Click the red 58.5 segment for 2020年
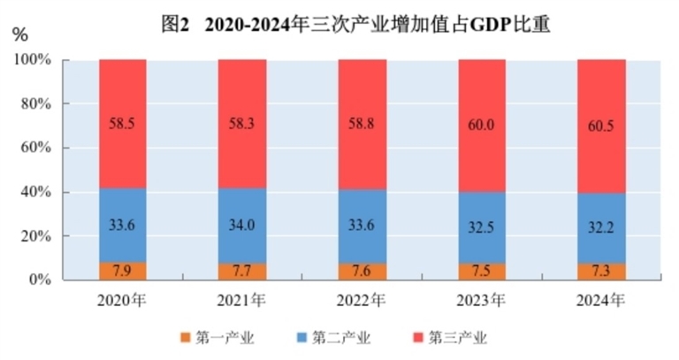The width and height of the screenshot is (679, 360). click(122, 124)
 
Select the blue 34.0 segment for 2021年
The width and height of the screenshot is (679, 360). click(242, 225)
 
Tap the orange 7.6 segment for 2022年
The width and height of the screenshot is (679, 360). click(362, 272)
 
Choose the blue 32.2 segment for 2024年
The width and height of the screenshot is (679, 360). click(601, 227)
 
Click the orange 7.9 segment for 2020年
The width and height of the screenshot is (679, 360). click(122, 271)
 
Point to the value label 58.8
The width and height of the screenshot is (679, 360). click(362, 125)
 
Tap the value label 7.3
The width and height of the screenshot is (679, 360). click(601, 271)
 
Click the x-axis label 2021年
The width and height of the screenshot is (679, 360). click(242, 299)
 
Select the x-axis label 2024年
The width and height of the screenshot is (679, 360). click(601, 299)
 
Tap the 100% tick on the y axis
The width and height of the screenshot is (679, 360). click(33, 60)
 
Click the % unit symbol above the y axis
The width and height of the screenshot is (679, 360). click(20, 35)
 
